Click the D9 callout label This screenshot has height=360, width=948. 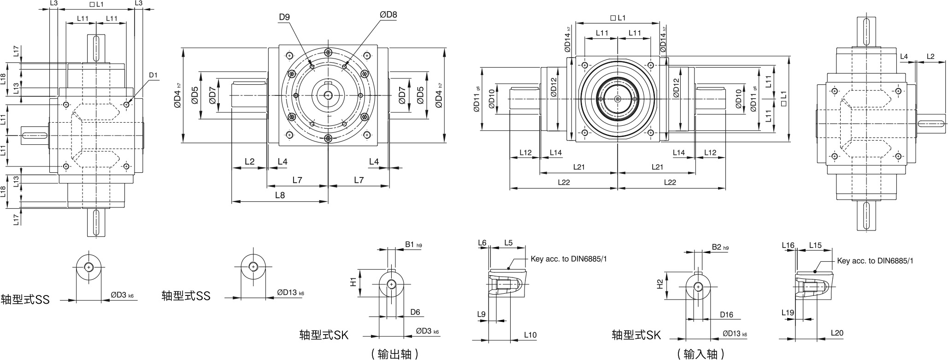coord(284,18)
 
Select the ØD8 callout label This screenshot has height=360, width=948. coord(388,15)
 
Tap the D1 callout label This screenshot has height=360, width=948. coord(153,75)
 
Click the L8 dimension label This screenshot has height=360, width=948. coord(280,195)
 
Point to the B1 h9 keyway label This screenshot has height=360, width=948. coord(413,245)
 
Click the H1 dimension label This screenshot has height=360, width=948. coord(353,282)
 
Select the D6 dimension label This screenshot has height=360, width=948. coord(415,312)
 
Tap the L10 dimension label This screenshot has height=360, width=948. coord(530,335)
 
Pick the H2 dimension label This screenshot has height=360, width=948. coord(659,284)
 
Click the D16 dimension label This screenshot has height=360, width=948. coord(726,315)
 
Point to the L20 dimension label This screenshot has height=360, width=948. coord(837,333)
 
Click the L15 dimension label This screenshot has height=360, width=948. coord(815,246)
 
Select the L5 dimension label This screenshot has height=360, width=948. coord(508,243)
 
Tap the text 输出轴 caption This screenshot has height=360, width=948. coord(395,354)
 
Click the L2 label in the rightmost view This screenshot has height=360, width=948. coord(930,57)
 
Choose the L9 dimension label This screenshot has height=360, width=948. coord(482,314)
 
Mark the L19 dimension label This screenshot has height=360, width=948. coord(788,313)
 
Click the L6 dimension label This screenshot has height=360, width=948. coord(482,243)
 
